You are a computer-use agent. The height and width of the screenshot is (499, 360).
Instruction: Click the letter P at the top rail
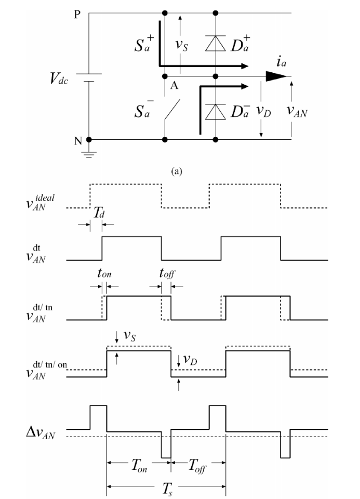77,14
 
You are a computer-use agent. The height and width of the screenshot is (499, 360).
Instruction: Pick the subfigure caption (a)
178,169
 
